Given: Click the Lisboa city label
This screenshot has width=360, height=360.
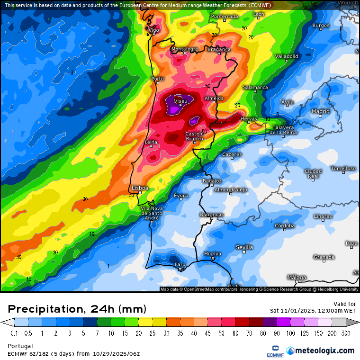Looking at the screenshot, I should coord(140,188).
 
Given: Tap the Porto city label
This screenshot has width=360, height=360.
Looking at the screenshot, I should coord(157,79).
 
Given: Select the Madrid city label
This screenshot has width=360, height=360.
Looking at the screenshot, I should coord(320,111).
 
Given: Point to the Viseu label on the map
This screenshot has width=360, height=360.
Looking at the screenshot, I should coord(180,101).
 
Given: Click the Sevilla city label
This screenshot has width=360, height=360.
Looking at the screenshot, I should coord(244,247).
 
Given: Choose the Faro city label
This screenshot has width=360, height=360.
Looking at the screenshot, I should coord(180,264).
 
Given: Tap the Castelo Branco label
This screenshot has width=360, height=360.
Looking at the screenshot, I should coord(194,136).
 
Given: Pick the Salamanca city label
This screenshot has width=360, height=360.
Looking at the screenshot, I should coord(255,88).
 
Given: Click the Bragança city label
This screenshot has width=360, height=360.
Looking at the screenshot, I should coord(219,49).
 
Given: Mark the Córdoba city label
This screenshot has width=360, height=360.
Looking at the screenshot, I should coord(285,225).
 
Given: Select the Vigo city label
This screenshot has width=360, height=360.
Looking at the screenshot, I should coord(153,30).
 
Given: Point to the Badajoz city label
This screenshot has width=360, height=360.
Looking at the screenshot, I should coord(212,181).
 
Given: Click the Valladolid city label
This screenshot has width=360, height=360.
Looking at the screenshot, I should coord(287,56).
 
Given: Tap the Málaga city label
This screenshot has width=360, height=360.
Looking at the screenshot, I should coord(297,278).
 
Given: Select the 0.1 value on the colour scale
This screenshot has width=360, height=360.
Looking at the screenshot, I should coord(14,333).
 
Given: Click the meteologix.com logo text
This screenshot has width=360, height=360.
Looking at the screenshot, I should coord(325,351).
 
